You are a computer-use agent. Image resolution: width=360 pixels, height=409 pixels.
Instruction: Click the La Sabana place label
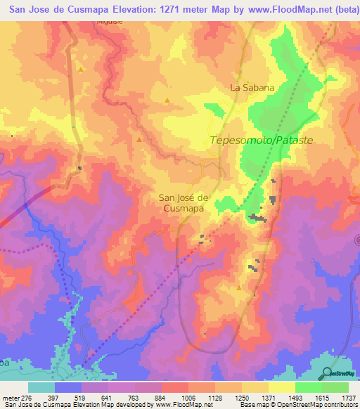pyautogui.click(x=251, y=88)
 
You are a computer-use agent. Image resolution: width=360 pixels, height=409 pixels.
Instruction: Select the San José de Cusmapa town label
pyautogui.click(x=184, y=203)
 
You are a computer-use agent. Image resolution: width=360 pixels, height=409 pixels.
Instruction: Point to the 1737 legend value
pyautogui.click(x=347, y=397)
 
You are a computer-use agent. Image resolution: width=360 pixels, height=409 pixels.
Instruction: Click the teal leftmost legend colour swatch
pyautogui.click(x=41, y=387)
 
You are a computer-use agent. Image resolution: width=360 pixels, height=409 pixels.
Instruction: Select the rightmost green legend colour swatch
pyautogui.click(x=335, y=387)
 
